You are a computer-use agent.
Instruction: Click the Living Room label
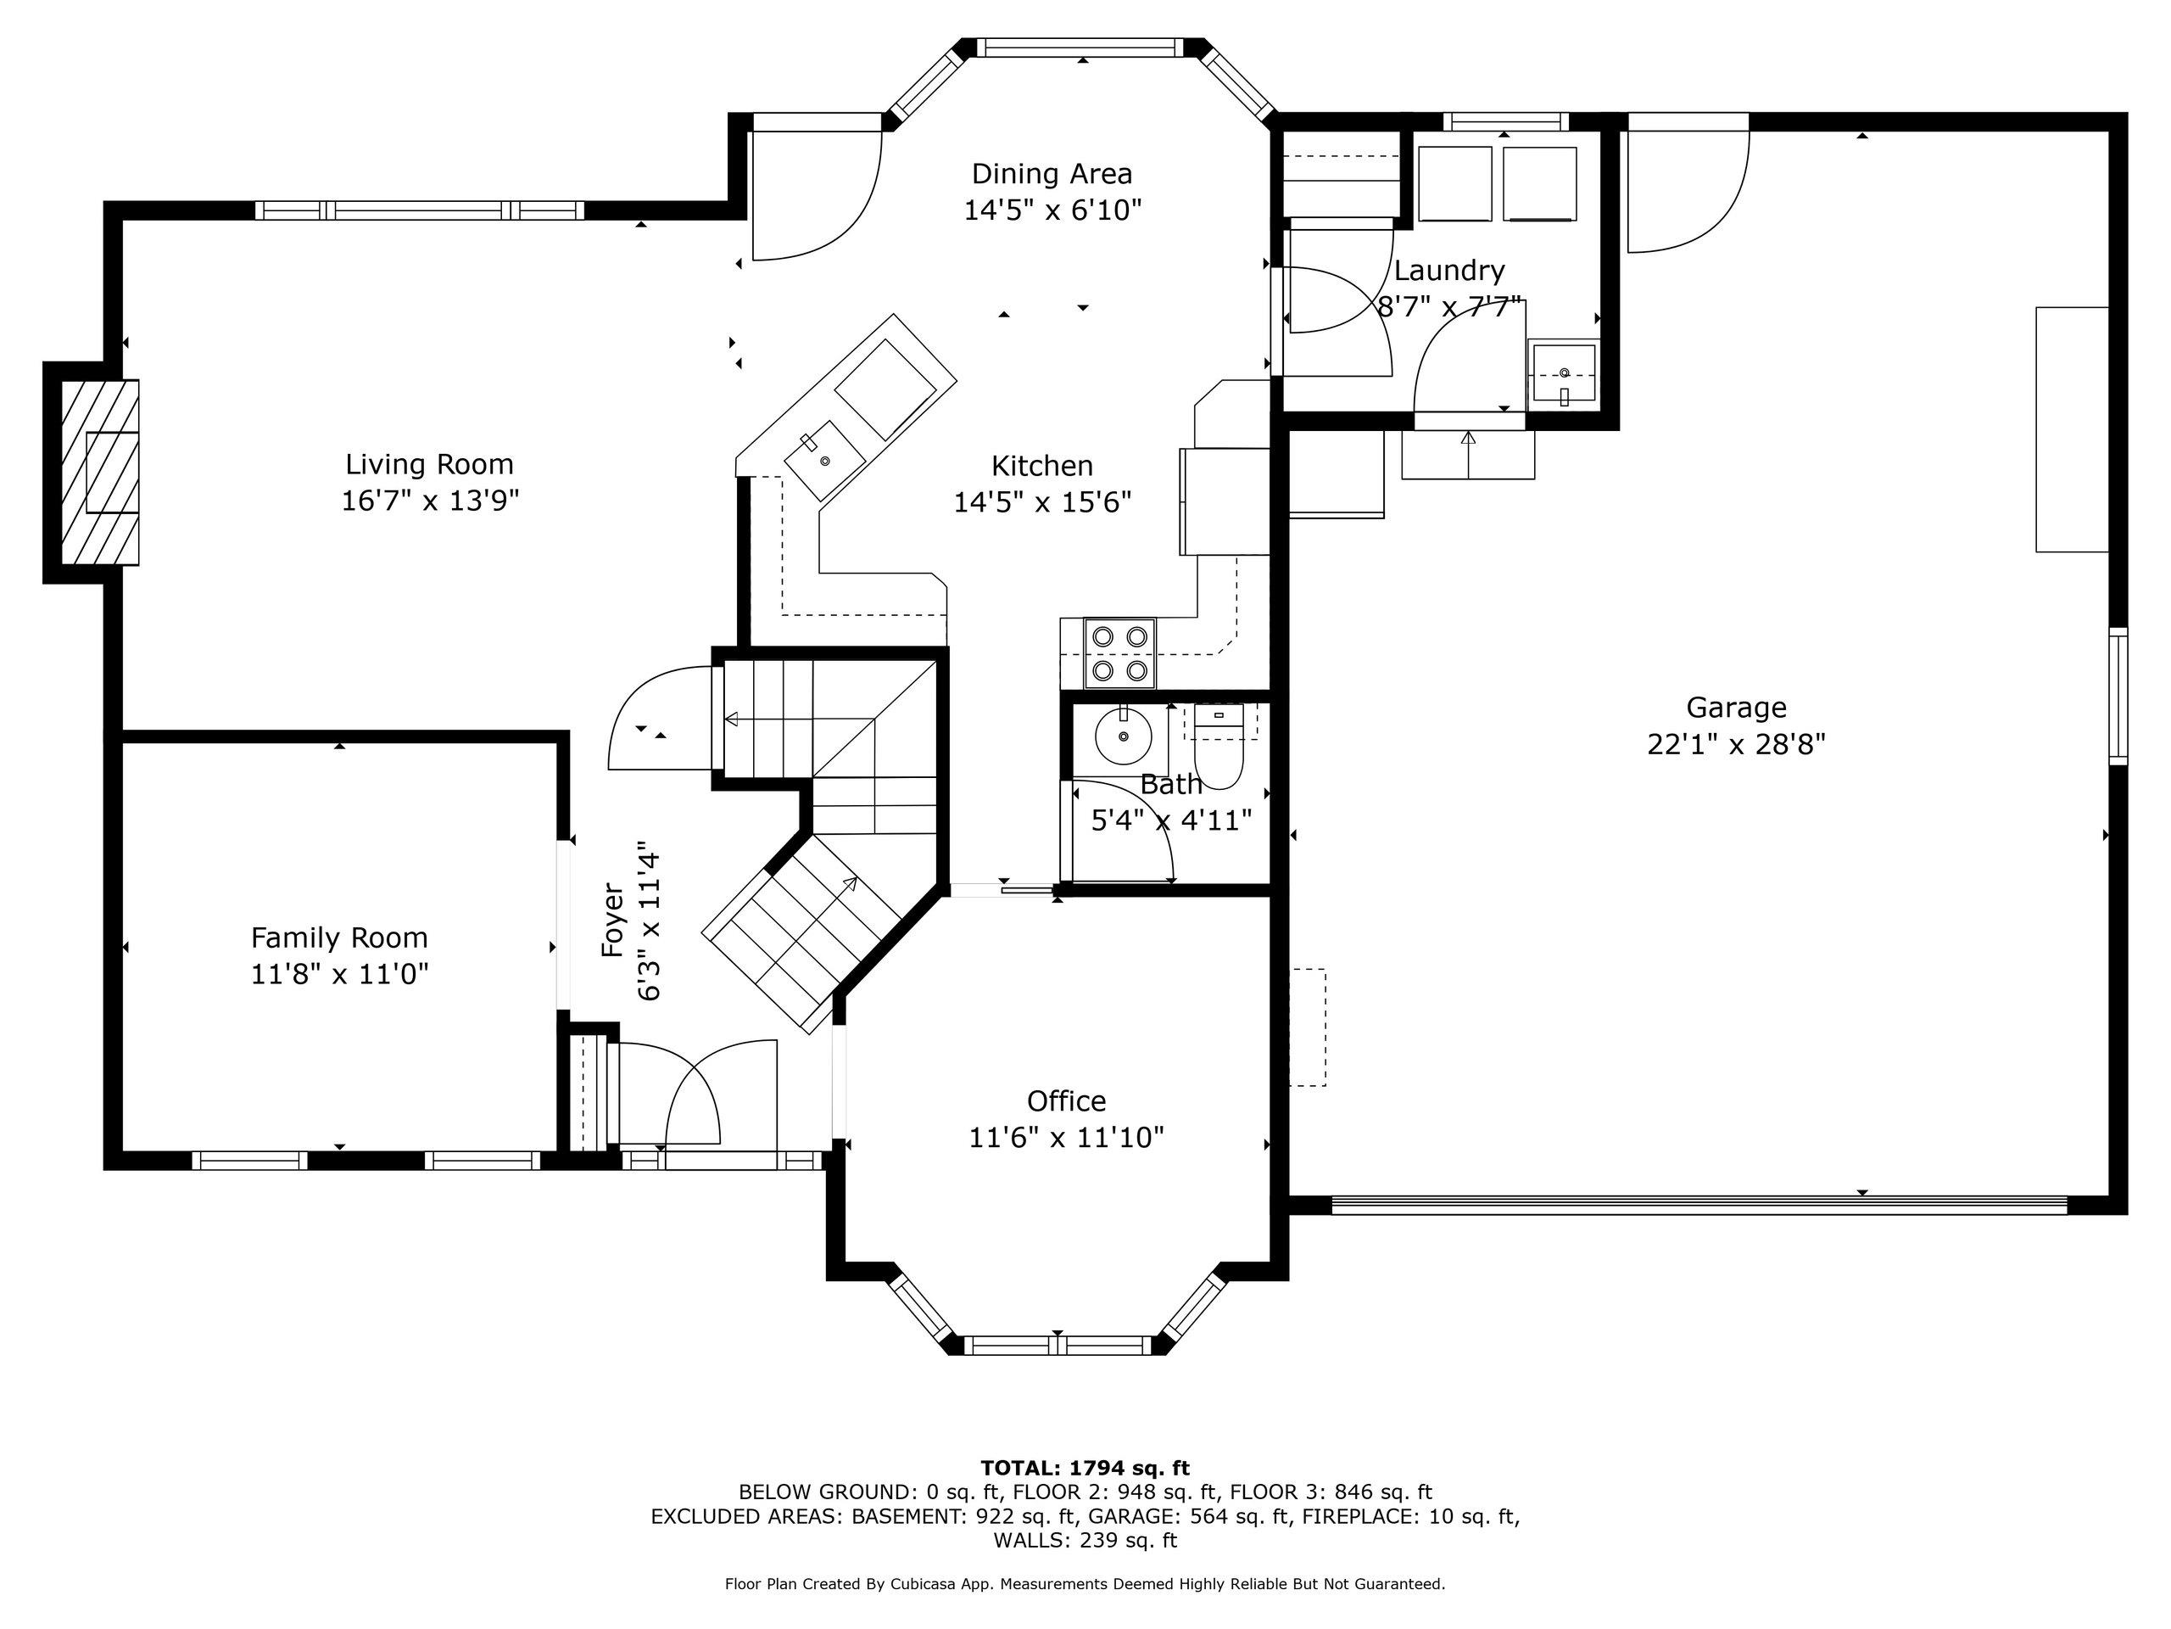coord(429,463)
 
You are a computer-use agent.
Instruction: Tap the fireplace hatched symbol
coord(100,473)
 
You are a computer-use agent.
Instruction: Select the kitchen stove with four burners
coord(1120,653)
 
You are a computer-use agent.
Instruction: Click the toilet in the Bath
coord(1218,747)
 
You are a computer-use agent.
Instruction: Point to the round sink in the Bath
coord(1124,736)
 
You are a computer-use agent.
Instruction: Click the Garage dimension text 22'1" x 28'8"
coord(1735,744)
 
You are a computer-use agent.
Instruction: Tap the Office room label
coord(1066,1100)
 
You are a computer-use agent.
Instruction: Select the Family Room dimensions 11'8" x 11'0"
coord(339,974)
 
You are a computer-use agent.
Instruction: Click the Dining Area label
coord(1052,174)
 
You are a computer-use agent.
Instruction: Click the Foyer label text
coord(612,920)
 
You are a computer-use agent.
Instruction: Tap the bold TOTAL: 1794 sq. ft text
coord(1085,1468)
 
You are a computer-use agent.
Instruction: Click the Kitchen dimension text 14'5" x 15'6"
coord(1042,501)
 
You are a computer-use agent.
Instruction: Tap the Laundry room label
coord(1448,270)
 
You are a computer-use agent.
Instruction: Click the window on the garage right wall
coord(2119,697)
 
